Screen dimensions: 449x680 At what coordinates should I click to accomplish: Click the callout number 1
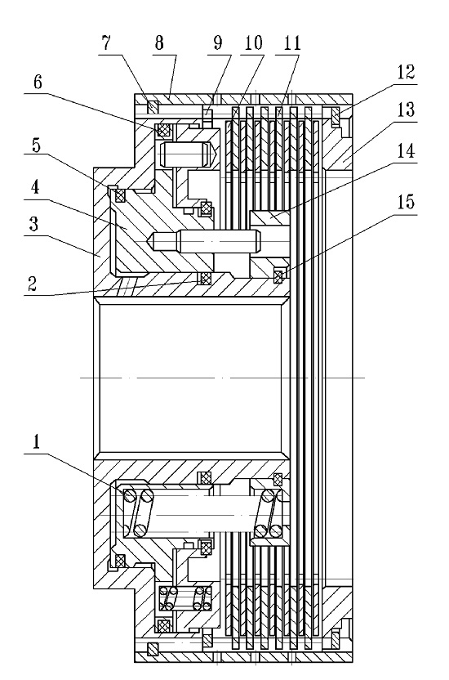36,441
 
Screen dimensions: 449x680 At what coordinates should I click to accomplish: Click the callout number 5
36,145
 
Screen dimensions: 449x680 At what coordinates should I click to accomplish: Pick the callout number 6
38,82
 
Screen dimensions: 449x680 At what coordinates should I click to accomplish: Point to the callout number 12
406,72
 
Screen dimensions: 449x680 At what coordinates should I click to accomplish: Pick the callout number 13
406,110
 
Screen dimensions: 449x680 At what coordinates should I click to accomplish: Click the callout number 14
406,151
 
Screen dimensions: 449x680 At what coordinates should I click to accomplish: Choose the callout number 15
406,202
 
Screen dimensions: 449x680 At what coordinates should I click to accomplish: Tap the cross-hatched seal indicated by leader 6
163,130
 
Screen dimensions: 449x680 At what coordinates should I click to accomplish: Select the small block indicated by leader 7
152,105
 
